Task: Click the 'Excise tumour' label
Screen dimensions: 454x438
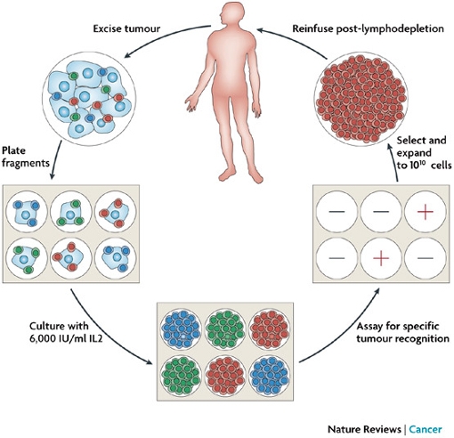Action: (x=126, y=28)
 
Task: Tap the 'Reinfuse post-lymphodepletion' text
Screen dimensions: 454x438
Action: (x=369, y=28)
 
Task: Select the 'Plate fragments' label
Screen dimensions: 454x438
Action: (x=26, y=157)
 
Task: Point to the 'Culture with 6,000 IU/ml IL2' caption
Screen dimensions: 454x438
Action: (x=66, y=332)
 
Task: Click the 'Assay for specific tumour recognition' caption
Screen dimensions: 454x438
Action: (x=402, y=332)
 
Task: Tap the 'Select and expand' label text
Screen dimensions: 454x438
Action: (x=421, y=146)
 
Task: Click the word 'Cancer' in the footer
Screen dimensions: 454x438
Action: (x=426, y=429)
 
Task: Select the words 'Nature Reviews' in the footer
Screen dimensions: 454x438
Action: (x=364, y=429)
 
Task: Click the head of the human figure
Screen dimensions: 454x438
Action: (x=233, y=15)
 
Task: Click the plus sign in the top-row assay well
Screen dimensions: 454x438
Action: (x=426, y=212)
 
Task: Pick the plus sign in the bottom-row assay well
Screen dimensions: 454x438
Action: (x=381, y=257)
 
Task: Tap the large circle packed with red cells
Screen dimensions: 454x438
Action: (x=361, y=100)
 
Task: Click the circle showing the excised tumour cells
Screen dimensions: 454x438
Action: (x=89, y=98)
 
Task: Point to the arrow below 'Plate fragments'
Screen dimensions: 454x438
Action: (x=55, y=159)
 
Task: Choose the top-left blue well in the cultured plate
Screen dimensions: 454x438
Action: (x=181, y=328)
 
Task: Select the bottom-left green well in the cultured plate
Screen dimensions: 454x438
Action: (x=181, y=376)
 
